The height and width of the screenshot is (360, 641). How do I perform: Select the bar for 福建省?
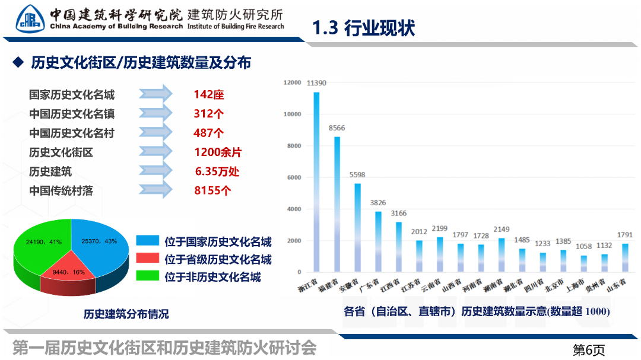click(x=337, y=204)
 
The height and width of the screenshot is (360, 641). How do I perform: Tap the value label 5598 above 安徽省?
click(x=357, y=175)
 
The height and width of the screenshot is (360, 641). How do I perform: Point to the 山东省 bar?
click(x=625, y=257)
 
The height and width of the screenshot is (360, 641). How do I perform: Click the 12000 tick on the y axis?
click(x=292, y=82)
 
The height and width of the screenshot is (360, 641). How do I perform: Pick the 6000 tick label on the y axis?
click(x=294, y=177)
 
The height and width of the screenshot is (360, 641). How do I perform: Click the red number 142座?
click(x=209, y=94)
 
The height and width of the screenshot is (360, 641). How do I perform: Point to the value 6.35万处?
click(x=217, y=172)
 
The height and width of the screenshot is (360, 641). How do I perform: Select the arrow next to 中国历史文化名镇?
click(x=156, y=113)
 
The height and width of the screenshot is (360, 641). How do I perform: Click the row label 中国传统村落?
click(x=61, y=191)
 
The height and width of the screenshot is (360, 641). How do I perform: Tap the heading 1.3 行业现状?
click(x=363, y=28)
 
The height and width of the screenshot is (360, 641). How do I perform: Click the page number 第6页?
click(x=588, y=349)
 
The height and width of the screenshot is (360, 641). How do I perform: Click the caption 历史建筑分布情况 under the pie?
click(x=126, y=314)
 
